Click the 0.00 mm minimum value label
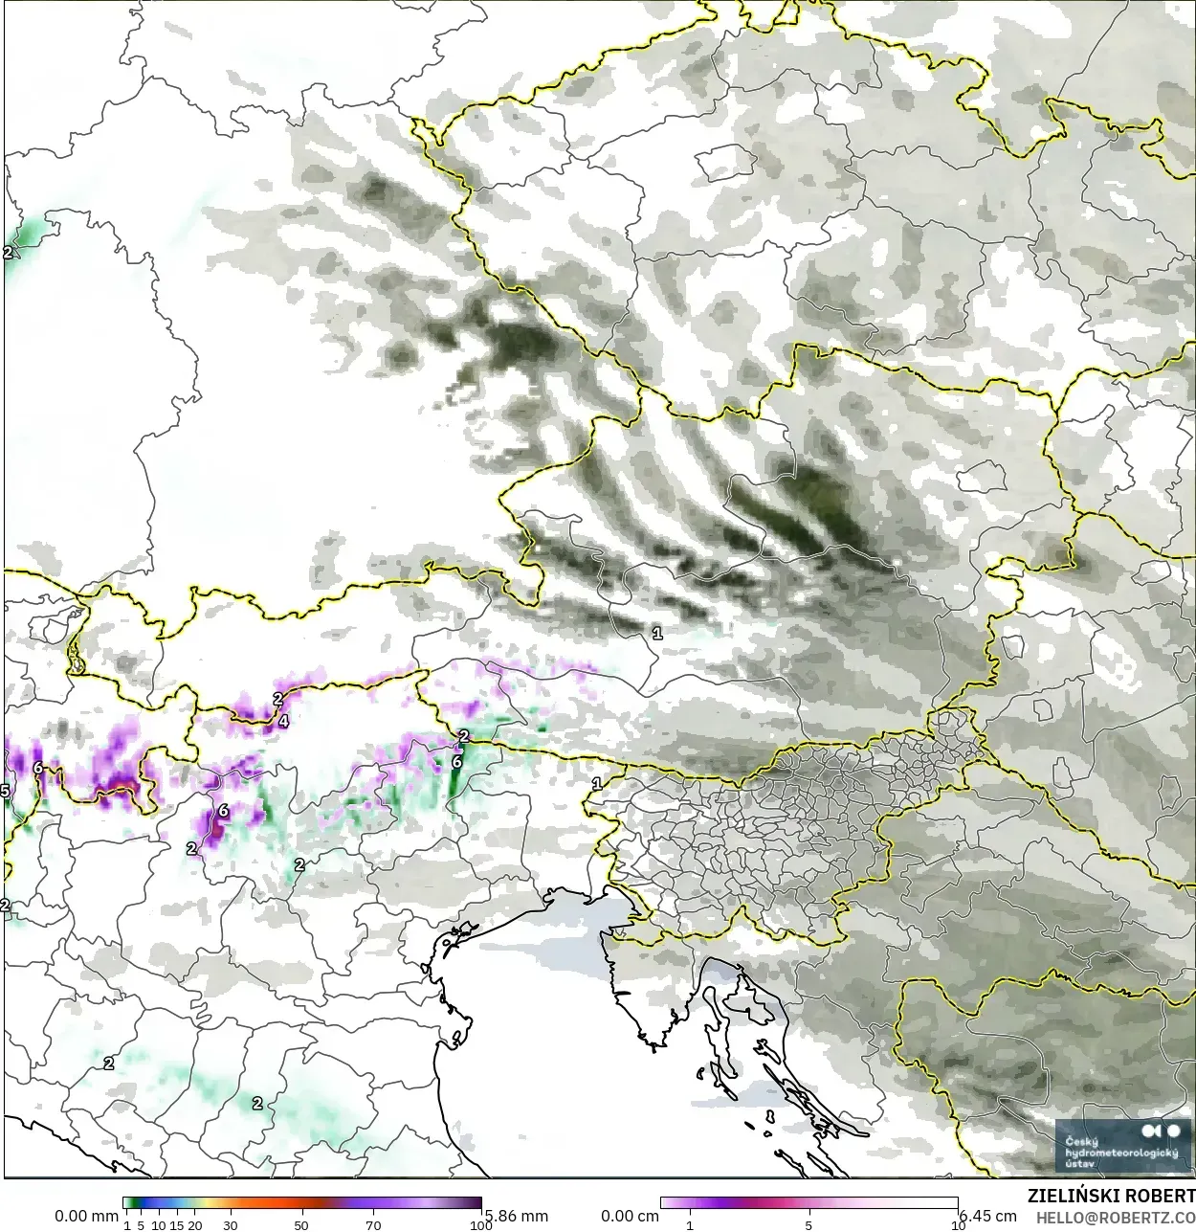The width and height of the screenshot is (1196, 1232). click(86, 1216)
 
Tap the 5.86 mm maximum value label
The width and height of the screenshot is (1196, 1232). click(517, 1216)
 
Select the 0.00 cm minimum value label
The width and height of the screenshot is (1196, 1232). click(630, 1216)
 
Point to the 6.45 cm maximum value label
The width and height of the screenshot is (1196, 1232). click(987, 1216)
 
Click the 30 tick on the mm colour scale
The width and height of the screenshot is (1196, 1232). click(230, 1224)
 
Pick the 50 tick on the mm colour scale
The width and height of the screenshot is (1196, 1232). click(301, 1224)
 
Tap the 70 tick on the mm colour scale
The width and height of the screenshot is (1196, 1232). click(373, 1224)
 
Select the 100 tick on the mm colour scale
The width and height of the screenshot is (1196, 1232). click(480, 1224)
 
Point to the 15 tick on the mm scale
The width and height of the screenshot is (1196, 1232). click(176, 1224)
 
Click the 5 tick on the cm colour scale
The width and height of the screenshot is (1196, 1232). click(808, 1224)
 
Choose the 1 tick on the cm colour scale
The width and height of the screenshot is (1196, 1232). click(690, 1224)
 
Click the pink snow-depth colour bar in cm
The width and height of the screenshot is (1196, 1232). click(808, 1203)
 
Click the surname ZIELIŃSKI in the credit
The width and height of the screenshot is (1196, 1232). click(1073, 1196)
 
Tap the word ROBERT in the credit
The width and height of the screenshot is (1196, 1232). click(1161, 1196)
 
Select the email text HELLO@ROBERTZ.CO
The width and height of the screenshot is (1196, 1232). click(1116, 1217)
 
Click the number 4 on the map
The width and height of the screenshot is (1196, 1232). click(282, 721)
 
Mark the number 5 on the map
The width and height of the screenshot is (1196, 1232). click(5, 791)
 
